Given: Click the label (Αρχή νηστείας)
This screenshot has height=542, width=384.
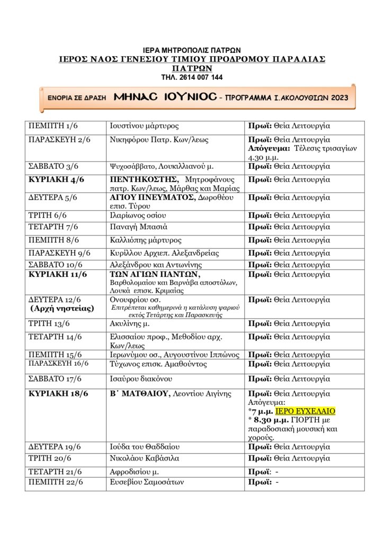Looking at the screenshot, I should coord(61,309).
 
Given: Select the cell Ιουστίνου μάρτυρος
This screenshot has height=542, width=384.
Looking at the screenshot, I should coord(144,127).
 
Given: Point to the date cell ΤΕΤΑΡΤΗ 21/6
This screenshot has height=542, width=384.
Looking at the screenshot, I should coord(56,471).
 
